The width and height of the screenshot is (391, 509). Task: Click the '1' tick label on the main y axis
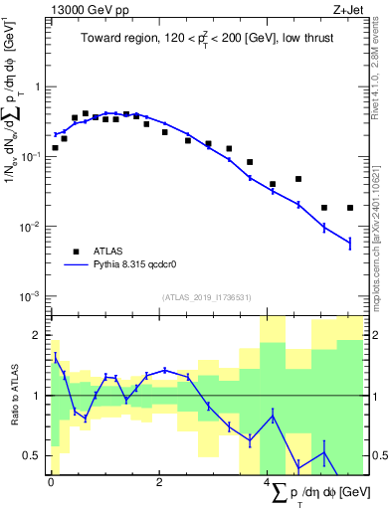(x=37, y=86)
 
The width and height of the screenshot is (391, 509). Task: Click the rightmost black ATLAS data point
(x=350, y=208)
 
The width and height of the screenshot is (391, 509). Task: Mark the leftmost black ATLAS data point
(x=55, y=148)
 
